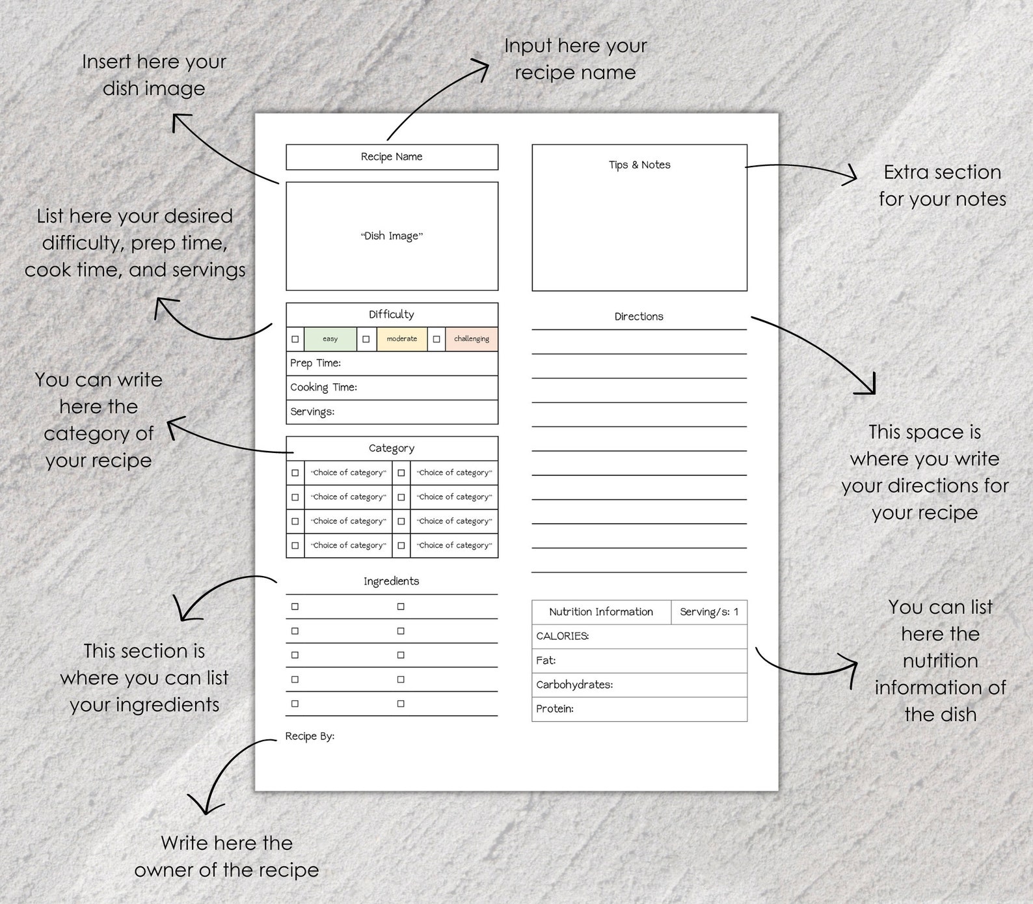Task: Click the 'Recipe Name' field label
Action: (x=392, y=157)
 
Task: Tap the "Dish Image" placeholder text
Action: (x=392, y=236)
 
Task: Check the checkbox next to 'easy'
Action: (x=295, y=339)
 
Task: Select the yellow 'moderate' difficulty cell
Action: (x=402, y=339)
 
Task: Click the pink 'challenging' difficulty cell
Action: (x=472, y=339)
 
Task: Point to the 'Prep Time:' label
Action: (x=315, y=363)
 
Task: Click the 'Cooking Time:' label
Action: (x=323, y=387)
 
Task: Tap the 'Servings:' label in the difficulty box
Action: (x=312, y=412)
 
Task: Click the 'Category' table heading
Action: (x=392, y=448)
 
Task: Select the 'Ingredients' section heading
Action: (x=392, y=581)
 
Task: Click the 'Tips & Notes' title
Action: (x=639, y=165)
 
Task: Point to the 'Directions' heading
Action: (x=639, y=317)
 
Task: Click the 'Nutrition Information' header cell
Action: (x=601, y=612)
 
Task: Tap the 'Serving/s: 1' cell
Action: (x=709, y=612)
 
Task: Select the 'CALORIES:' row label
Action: (x=563, y=636)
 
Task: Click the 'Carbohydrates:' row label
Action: (x=574, y=685)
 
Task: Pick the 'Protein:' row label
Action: (x=555, y=709)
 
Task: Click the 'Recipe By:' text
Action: (x=310, y=736)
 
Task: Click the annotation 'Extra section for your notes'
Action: (x=942, y=185)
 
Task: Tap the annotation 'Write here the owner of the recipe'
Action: (x=226, y=856)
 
